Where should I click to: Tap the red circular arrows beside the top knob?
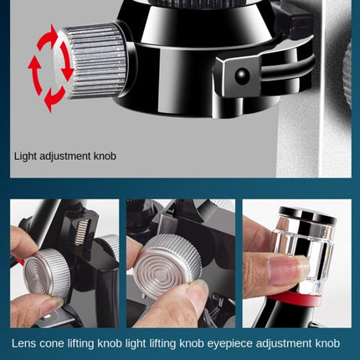(49, 67)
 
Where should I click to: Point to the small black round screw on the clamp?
(243, 76)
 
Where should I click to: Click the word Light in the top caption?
(26, 156)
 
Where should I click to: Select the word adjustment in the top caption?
(66, 156)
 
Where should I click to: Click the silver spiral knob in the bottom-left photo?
(48, 273)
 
